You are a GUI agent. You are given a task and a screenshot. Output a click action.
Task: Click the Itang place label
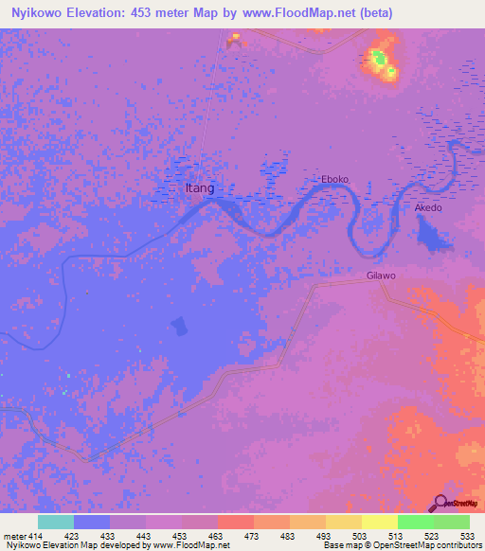coord(199,188)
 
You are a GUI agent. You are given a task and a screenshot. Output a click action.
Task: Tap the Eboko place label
coord(335,179)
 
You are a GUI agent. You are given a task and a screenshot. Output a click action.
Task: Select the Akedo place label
coord(428,207)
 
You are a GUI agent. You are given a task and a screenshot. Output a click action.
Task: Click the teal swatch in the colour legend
coord(56,522)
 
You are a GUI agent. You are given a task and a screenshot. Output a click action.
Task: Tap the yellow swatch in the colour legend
coord(379,522)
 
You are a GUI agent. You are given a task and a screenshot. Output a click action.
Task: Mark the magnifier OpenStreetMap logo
coord(441,504)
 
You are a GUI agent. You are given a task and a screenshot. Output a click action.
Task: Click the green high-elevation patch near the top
coord(379,59)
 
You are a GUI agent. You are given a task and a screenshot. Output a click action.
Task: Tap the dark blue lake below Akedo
coord(432,233)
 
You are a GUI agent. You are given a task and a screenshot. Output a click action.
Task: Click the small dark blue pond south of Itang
coord(178,327)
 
